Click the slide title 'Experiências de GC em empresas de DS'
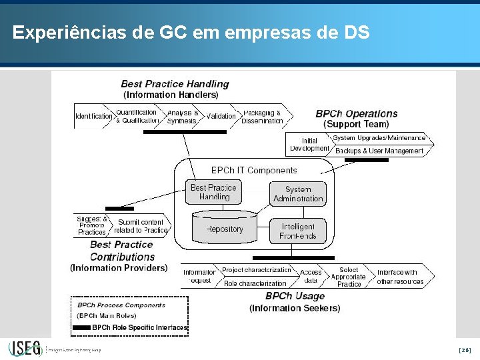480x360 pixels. click(191, 32)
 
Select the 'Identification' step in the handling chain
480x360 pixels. click(93, 116)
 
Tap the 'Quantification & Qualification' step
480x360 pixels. click(137, 116)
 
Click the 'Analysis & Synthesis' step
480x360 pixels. click(182, 117)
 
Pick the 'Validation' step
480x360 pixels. click(221, 116)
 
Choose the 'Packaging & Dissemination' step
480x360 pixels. click(262, 117)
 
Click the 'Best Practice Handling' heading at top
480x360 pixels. click(175, 84)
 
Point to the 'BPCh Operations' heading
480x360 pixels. click(356, 113)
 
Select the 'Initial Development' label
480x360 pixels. click(309, 145)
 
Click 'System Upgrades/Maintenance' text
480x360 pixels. click(378, 138)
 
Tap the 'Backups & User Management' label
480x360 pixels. click(379, 151)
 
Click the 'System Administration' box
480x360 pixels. click(298, 194)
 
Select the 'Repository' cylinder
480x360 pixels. click(225, 229)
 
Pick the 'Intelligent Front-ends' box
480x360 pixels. click(298, 231)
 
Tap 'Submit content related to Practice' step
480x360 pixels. click(141, 226)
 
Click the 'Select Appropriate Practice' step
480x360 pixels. click(348, 277)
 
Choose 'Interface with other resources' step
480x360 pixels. click(400, 277)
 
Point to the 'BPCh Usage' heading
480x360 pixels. click(295, 296)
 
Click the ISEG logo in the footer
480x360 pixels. click(25, 349)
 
